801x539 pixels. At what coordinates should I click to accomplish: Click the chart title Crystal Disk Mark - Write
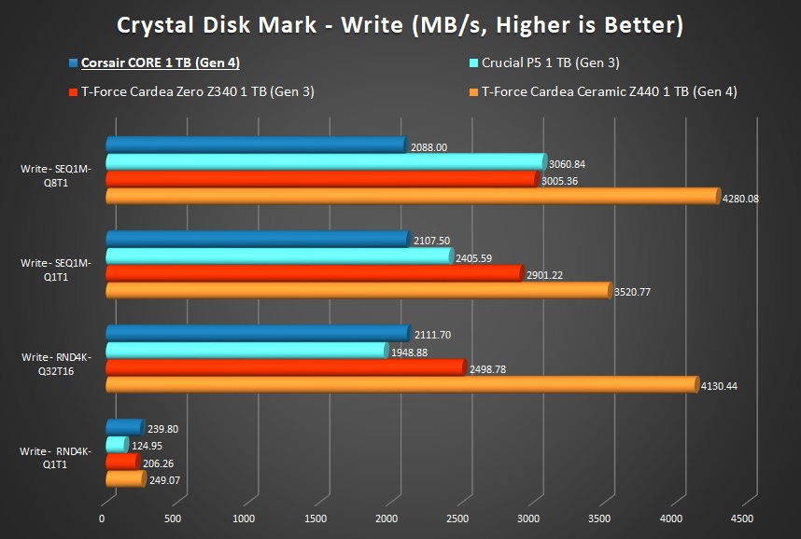400,25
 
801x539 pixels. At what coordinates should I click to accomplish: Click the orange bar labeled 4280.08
411,197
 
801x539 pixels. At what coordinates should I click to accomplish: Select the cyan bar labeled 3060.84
324,162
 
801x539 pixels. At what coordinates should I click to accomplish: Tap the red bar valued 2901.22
313,273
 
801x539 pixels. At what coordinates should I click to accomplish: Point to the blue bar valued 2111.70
257,333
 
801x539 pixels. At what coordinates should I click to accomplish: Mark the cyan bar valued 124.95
117,444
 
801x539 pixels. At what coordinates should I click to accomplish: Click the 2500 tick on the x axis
457,518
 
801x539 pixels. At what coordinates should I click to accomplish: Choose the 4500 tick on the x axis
741,518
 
